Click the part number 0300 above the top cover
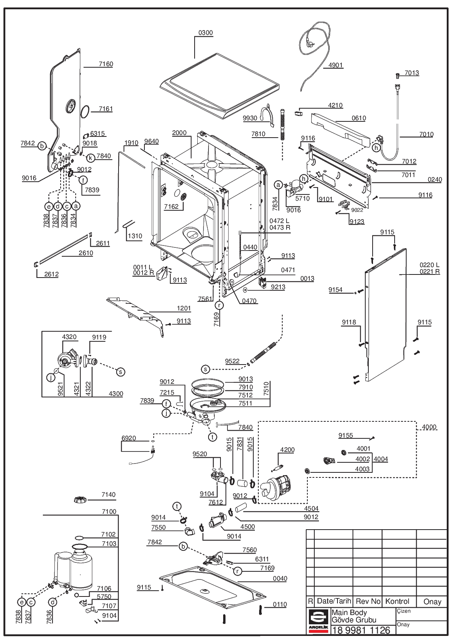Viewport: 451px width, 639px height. (x=205, y=33)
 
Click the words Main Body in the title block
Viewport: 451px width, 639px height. (x=349, y=612)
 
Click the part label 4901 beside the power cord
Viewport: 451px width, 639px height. (x=335, y=65)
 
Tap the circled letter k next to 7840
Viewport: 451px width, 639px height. (x=90, y=158)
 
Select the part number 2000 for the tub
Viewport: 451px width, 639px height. (x=179, y=133)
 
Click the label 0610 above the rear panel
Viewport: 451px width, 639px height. (x=359, y=118)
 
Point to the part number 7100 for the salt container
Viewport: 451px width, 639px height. (x=109, y=511)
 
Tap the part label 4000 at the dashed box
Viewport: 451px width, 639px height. (x=429, y=427)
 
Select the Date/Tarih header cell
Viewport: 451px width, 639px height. (x=334, y=601)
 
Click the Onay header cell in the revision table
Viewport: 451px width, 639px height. (x=432, y=602)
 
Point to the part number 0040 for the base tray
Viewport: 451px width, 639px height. (x=280, y=579)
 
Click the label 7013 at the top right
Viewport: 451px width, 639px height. (x=412, y=73)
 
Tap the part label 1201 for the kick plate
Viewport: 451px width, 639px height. (x=184, y=308)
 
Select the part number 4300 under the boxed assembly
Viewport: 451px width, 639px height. (x=116, y=394)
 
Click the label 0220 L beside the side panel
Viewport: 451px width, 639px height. (x=430, y=265)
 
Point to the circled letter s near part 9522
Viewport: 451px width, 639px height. (x=205, y=370)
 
